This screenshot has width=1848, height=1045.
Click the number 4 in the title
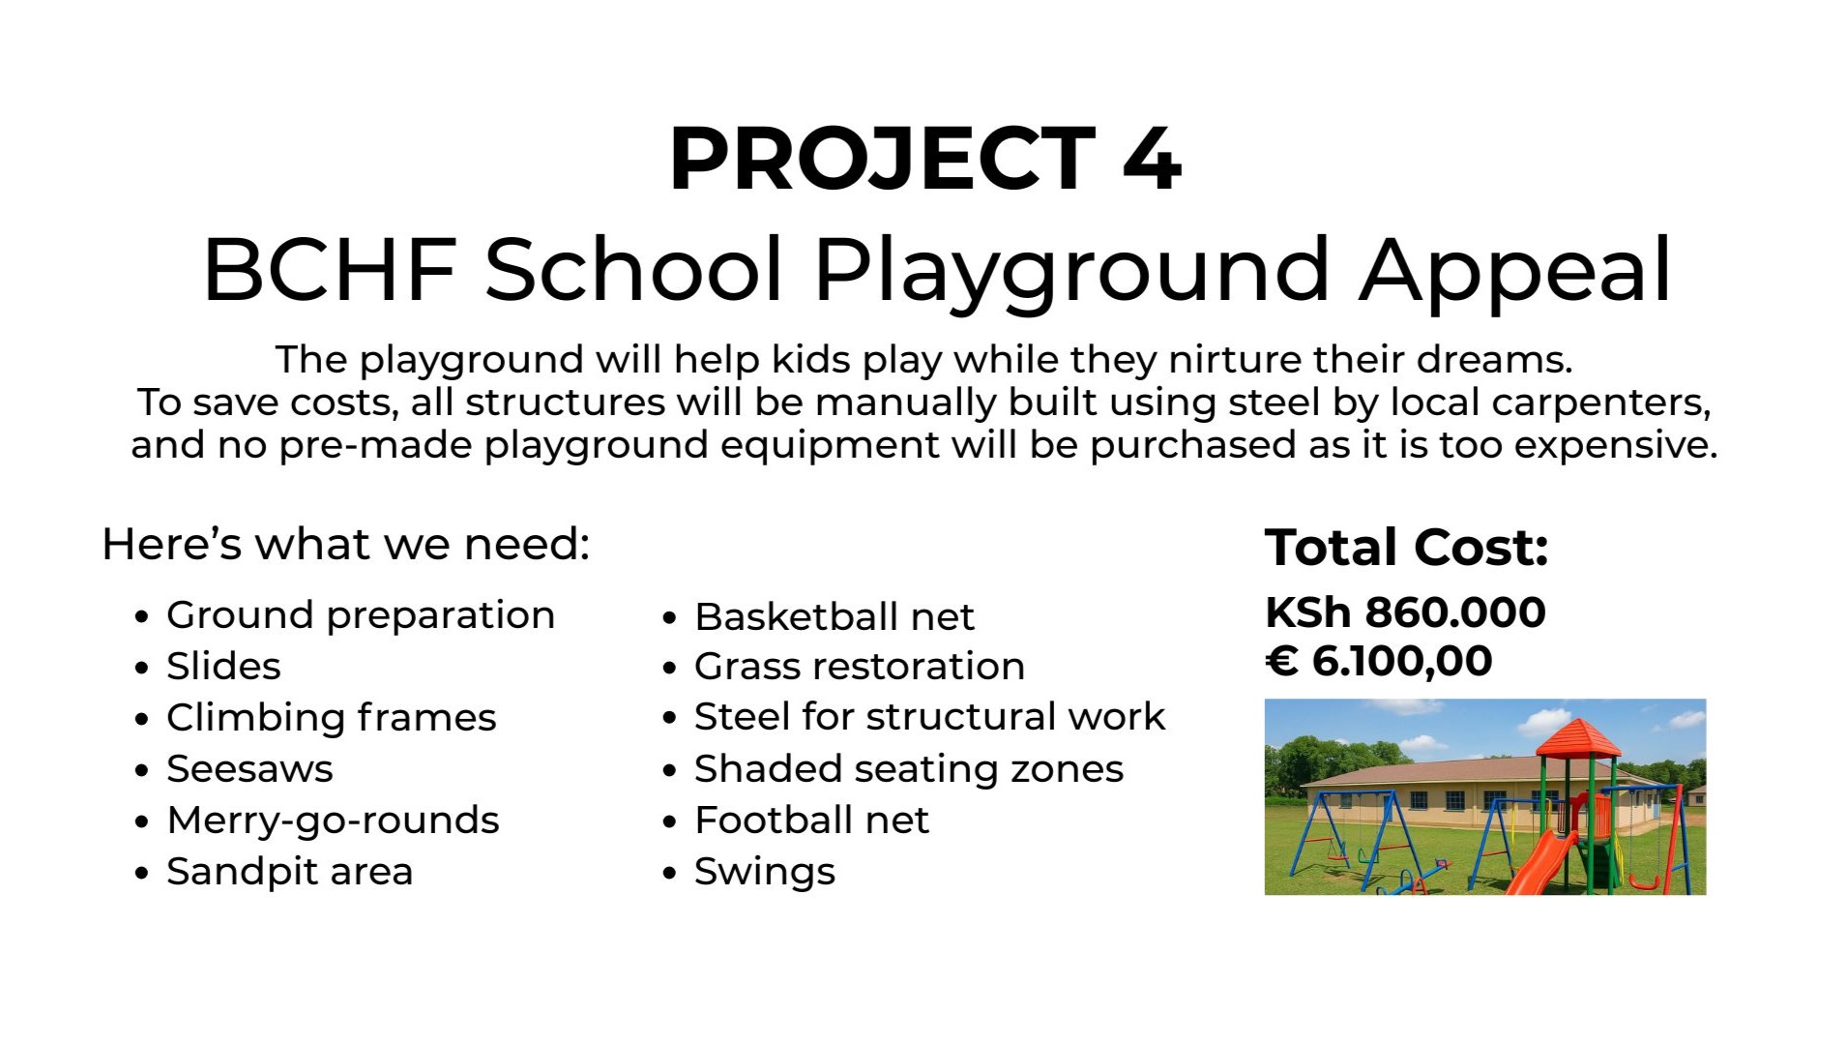tap(1152, 159)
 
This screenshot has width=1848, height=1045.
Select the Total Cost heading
tap(1406, 548)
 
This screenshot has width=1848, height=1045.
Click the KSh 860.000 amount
tap(1405, 612)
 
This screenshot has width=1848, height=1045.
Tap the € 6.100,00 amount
tap(1379, 662)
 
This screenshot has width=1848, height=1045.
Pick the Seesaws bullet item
tap(249, 769)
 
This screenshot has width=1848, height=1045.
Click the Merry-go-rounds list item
tap(333, 821)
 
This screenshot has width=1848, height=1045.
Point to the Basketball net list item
tap(834, 617)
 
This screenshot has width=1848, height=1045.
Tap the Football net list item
tap(811, 821)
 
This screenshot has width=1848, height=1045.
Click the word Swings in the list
tap(764, 873)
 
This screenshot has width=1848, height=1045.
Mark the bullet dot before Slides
tap(143, 668)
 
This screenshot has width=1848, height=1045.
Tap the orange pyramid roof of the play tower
tap(1578, 738)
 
